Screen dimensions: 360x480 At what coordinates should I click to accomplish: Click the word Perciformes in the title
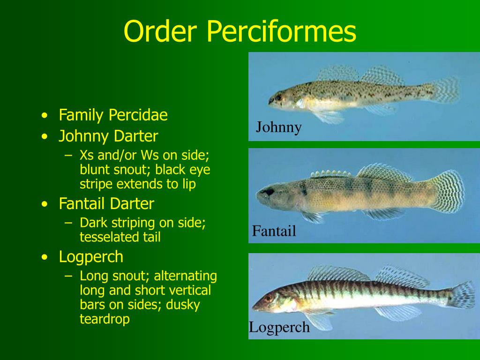pos(280,31)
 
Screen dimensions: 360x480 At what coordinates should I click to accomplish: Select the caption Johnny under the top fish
pos(278,127)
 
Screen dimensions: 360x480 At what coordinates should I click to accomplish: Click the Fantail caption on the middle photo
pos(274,231)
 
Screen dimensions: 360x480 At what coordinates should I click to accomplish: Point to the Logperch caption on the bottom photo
pos(279,327)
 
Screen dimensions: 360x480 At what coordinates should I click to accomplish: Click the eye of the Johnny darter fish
pos(278,97)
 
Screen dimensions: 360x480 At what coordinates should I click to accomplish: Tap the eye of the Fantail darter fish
pos(269,192)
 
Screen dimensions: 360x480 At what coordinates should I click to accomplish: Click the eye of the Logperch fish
pos(269,298)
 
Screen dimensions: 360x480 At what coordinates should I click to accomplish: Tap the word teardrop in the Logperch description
pos(105,319)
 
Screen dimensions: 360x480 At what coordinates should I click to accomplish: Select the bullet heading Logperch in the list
pos(91,257)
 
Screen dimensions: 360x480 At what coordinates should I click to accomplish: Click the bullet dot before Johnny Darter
pos(44,137)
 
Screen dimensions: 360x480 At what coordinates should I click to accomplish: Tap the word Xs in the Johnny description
pos(86,155)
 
